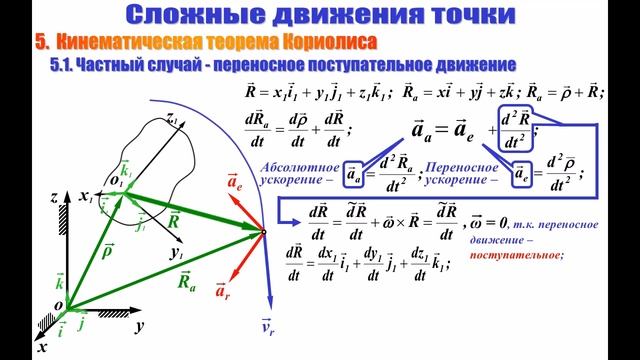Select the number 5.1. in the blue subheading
tap(63, 63)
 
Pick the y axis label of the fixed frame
tap(142, 326)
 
